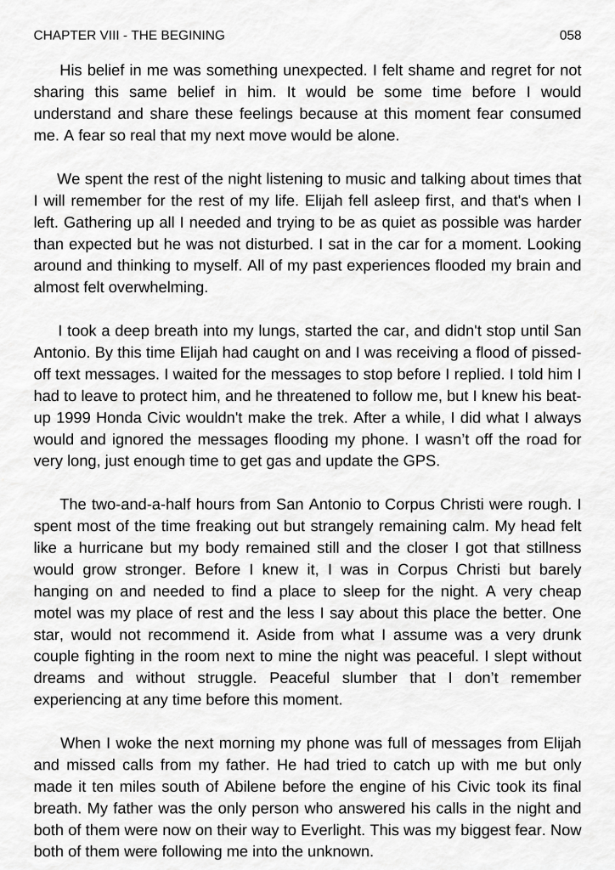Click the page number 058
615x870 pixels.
pos(571,35)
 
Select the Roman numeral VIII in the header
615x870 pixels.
pos(101,35)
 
